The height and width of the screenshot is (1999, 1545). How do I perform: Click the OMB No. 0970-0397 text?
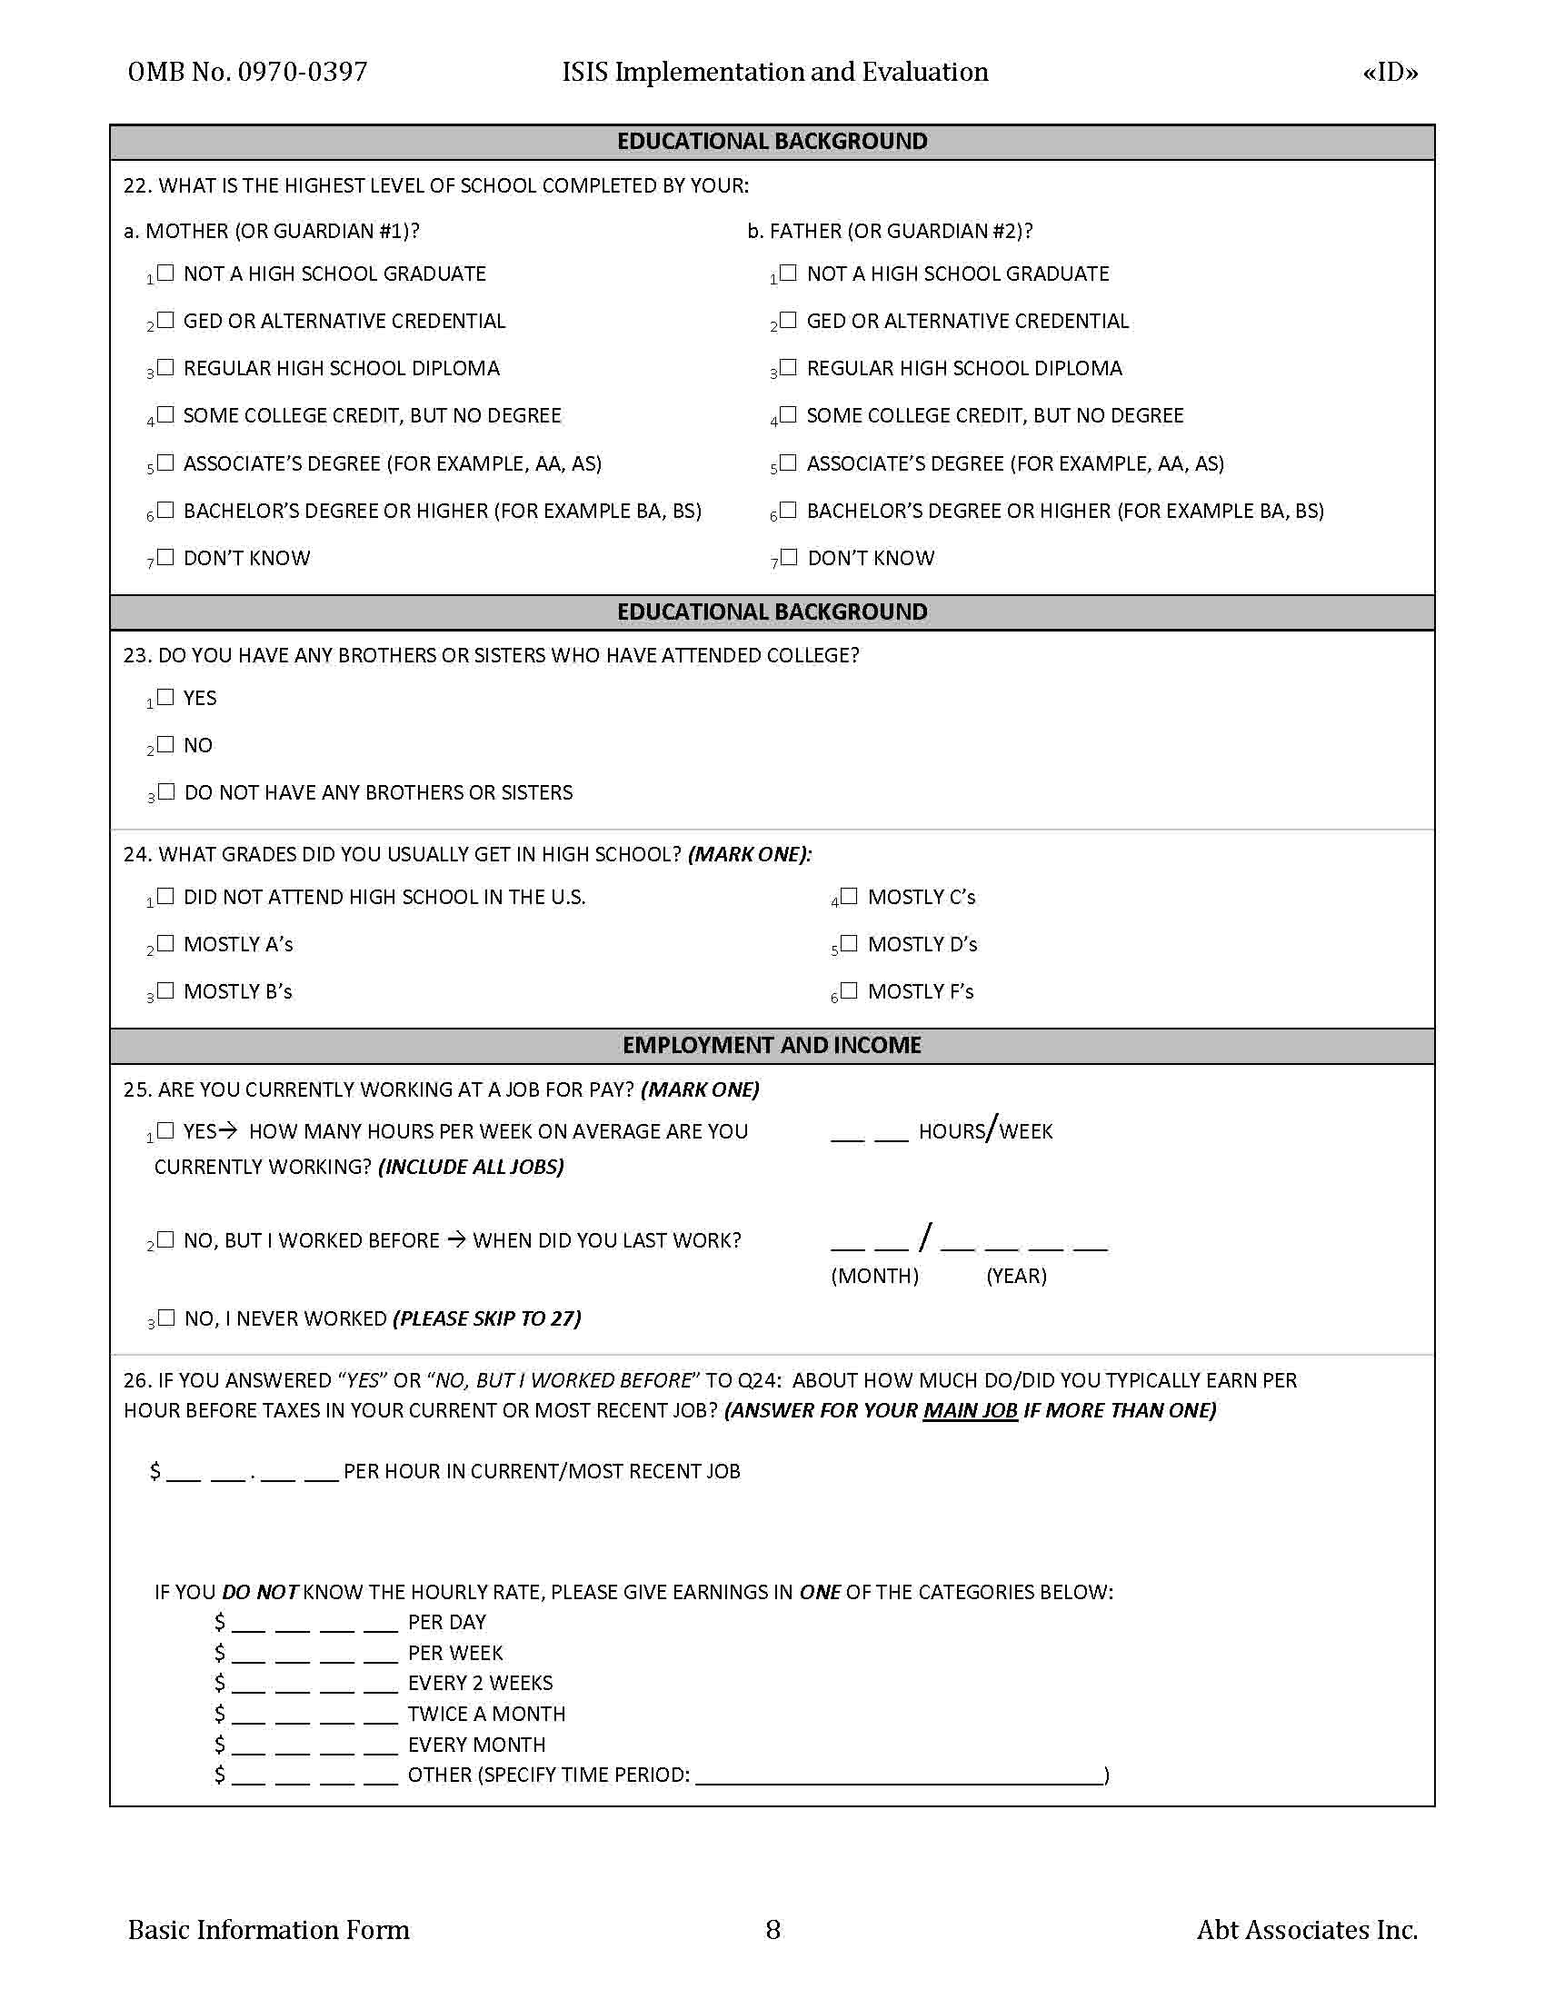coord(247,73)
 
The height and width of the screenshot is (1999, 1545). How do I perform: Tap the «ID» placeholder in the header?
coord(1390,73)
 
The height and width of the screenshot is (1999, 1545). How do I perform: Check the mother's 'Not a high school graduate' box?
coord(165,273)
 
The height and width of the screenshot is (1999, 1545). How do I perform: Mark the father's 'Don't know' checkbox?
coord(789,556)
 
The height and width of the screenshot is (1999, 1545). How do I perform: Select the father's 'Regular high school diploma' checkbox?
coord(789,367)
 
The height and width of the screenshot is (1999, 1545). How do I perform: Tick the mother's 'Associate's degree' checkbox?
coord(165,462)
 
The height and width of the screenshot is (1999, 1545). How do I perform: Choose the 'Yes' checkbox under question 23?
coord(165,697)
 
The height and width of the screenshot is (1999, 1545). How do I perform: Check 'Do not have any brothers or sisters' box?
coord(165,791)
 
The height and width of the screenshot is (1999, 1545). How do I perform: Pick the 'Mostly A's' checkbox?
coord(165,943)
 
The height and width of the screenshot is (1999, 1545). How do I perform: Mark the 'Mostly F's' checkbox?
coord(850,990)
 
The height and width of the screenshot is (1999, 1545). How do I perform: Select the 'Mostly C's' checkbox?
coord(850,896)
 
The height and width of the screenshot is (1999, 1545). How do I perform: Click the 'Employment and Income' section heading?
coord(772,1045)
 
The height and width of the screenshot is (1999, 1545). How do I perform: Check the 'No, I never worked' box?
coord(165,1318)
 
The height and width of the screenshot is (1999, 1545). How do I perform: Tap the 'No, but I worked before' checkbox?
coord(165,1239)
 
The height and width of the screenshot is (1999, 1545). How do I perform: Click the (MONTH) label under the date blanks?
coord(874,1276)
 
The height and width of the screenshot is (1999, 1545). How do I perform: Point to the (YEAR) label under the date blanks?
coord(1016,1276)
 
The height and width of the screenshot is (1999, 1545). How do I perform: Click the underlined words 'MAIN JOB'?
coord(970,1410)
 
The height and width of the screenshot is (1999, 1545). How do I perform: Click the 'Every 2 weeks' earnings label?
coord(480,1682)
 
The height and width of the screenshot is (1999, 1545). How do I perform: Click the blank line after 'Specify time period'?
coord(899,1775)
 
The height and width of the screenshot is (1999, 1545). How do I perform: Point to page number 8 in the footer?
coord(772,1929)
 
